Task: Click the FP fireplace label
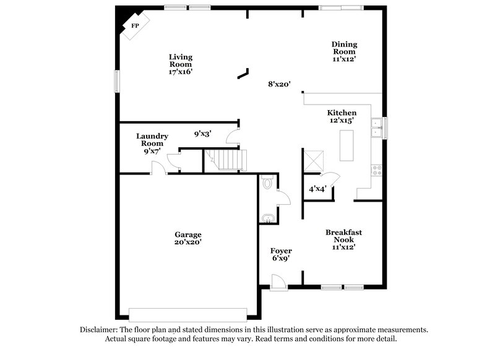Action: point(134,26)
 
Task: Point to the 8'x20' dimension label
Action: point(279,84)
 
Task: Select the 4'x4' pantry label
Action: point(317,189)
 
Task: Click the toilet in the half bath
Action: point(267,183)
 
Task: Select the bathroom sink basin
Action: point(268,218)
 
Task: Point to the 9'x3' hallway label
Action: point(204,133)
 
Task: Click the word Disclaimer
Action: point(100,330)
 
